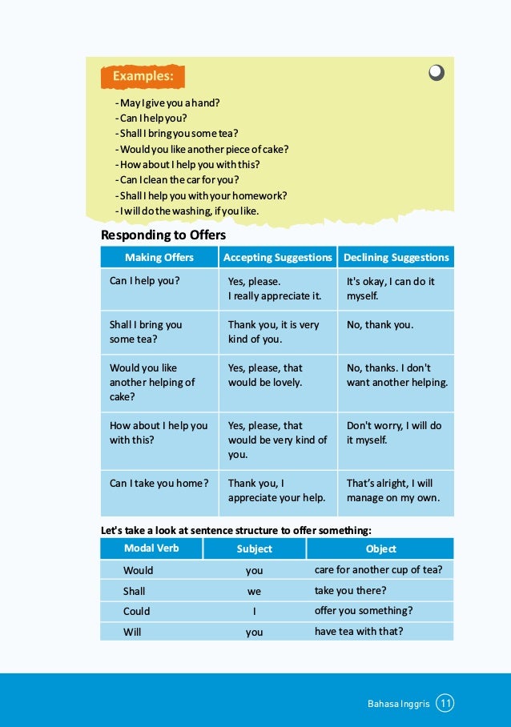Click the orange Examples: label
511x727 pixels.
pos(143,77)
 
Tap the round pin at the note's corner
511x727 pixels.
pos(436,73)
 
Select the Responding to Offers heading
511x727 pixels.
pos(163,235)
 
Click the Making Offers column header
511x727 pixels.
pos(159,257)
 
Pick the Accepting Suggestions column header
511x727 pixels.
pos(277,257)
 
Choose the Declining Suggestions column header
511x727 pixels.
pos(396,257)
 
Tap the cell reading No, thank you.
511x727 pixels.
pos(380,325)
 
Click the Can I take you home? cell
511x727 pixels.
pos(159,484)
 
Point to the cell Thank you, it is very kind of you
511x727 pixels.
pos(273,331)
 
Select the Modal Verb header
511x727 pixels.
pos(151,548)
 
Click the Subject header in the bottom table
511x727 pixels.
pos(254,549)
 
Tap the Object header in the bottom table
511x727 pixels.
pos(380,549)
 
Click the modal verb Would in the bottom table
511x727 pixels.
pos(138,571)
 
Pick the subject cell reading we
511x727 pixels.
pos(254,592)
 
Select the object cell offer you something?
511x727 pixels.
pos(364,611)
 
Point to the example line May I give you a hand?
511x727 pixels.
pos(167,103)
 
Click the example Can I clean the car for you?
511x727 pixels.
pos(177,180)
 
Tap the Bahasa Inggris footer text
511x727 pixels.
pos(398,705)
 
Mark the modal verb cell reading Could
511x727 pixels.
pos(136,612)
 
